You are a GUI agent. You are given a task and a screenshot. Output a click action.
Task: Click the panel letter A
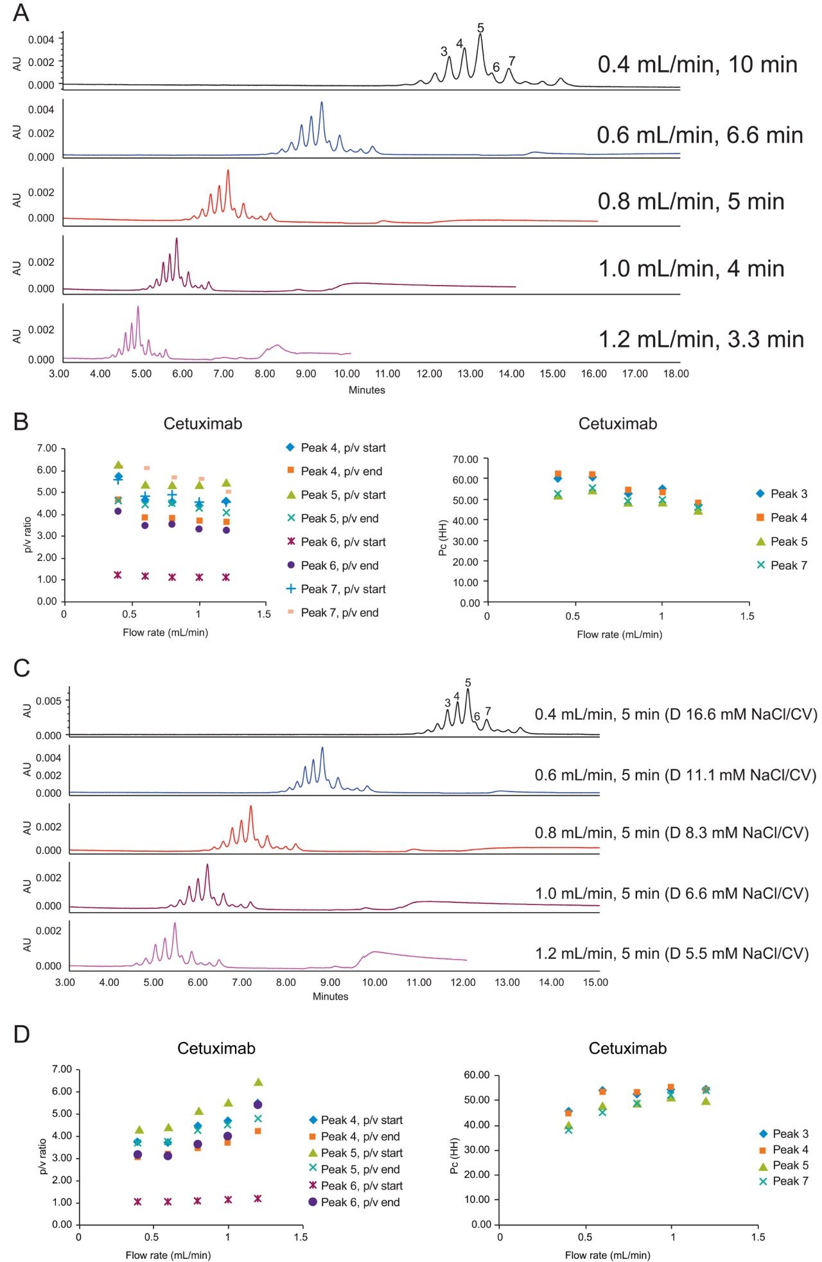[21, 12]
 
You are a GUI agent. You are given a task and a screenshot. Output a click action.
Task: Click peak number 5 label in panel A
[480, 28]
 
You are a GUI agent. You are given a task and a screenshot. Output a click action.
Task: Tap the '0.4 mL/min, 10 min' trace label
[697, 64]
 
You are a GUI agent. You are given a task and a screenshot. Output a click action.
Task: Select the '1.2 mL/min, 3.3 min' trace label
[701, 339]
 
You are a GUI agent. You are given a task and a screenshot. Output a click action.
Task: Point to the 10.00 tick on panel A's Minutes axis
[347, 374]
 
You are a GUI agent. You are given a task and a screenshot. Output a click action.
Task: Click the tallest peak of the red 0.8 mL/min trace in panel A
[228, 171]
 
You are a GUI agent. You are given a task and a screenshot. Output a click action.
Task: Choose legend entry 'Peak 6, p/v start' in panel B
[343, 542]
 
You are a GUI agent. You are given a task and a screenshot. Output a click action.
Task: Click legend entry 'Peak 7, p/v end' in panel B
[340, 612]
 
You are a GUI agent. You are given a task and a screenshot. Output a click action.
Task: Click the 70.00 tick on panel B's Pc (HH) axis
[466, 459]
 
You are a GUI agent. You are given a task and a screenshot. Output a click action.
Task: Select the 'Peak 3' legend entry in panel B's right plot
[789, 494]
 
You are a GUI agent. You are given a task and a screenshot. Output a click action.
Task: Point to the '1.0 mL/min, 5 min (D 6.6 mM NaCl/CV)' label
[672, 893]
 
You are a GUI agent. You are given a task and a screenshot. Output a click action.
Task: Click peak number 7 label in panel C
[488, 711]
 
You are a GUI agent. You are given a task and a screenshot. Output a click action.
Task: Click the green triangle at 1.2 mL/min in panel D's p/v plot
[258, 1082]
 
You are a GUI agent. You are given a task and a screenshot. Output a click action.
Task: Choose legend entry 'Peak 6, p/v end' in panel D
[360, 1202]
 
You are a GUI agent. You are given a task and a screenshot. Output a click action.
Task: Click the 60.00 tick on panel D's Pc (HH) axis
[477, 1075]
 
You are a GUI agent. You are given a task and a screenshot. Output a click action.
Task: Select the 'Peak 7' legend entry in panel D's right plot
[790, 1180]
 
